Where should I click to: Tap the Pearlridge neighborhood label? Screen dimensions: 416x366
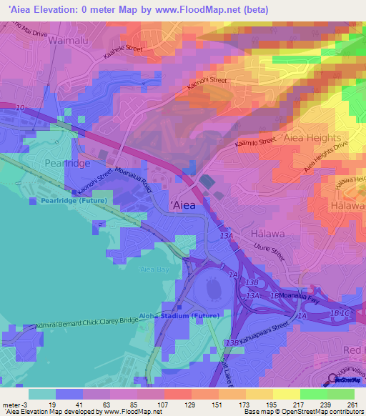[x=46, y=163]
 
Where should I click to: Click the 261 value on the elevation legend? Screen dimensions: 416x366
[x=352, y=405]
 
